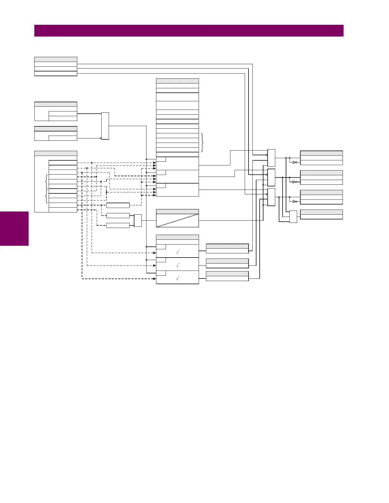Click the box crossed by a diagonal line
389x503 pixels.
[x=177, y=220]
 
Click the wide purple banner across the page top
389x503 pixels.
[x=189, y=31]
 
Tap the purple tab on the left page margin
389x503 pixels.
[x=14, y=229]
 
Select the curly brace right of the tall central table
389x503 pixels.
[x=202, y=143]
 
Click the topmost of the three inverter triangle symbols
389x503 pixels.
[x=295, y=162]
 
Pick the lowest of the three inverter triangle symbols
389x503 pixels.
[x=295, y=201]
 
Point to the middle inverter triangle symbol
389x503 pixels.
[x=295, y=182]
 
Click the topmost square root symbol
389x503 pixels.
[x=178, y=252]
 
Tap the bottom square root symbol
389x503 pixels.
[x=178, y=278]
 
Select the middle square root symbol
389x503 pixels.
[x=178, y=265]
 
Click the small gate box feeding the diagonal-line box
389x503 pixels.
[x=138, y=220]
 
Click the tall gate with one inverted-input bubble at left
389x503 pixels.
[x=105, y=126]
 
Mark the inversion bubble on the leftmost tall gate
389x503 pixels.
[x=101, y=138]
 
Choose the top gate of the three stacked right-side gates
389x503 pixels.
[x=271, y=158]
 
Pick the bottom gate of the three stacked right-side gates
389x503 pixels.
[x=271, y=197]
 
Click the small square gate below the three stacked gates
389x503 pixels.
[x=293, y=217]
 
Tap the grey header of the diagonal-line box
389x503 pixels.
[x=177, y=211]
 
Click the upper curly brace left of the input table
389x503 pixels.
[x=47, y=182]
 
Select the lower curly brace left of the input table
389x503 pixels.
[x=47, y=196]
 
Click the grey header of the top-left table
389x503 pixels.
[x=56, y=59]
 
